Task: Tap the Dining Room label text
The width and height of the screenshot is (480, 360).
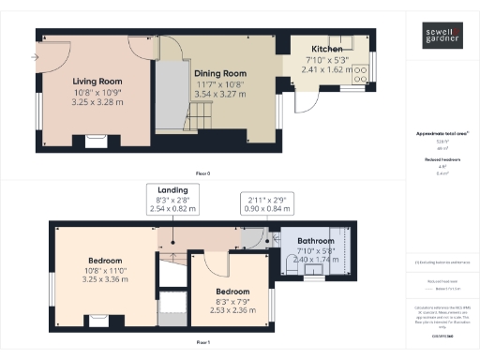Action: click(x=219, y=73)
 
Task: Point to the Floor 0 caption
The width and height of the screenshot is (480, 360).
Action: click(x=202, y=174)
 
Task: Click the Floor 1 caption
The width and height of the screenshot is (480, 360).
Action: click(x=202, y=344)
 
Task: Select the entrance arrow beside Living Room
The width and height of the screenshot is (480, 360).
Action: click(x=35, y=58)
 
